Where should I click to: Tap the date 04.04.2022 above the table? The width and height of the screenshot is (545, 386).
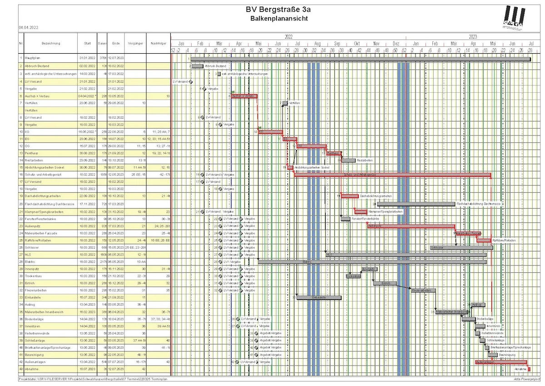(28, 28)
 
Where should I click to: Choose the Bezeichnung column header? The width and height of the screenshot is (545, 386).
(50, 43)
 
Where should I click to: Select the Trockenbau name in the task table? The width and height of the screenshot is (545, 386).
(34, 276)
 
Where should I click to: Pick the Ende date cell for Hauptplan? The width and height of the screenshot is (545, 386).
(116, 58)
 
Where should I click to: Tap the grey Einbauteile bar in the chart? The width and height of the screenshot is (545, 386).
(318, 297)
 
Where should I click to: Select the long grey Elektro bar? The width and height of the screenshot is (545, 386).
(372, 261)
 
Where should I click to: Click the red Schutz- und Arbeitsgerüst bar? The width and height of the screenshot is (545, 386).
(392, 175)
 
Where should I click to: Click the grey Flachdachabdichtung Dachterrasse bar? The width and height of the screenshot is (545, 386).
(416, 204)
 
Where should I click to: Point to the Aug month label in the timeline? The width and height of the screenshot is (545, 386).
(317, 43)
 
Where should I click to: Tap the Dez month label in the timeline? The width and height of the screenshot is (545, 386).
(396, 43)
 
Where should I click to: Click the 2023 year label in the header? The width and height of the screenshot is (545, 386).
(473, 36)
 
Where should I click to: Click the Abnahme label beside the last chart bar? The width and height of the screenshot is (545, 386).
(520, 369)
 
